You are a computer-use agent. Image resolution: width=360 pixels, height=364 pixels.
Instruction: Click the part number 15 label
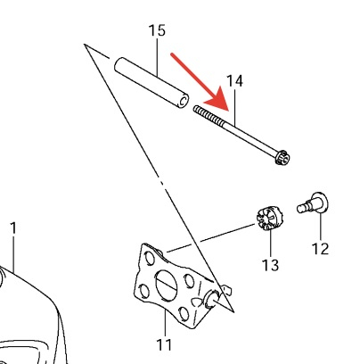[x=157, y=30]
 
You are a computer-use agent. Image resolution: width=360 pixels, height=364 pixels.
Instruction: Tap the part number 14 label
[x=234, y=81]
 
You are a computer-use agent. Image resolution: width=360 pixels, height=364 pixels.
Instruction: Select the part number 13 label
[x=270, y=265]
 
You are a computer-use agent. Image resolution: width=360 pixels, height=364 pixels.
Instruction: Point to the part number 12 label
[x=320, y=248]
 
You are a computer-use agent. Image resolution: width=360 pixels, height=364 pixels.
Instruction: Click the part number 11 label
[x=164, y=344]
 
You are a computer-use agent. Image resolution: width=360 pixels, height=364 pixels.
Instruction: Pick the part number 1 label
[x=13, y=228]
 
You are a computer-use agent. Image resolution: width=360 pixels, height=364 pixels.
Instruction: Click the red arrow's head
[x=218, y=100]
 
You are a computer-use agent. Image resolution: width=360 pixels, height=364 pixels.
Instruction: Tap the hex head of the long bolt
[x=282, y=157]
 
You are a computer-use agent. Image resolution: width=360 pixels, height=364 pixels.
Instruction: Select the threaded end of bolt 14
[x=209, y=115]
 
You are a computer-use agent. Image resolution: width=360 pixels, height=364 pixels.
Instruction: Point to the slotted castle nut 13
[x=269, y=219]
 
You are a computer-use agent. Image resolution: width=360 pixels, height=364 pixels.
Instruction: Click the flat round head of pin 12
[x=320, y=203]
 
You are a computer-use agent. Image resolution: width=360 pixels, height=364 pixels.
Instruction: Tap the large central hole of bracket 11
[x=166, y=284]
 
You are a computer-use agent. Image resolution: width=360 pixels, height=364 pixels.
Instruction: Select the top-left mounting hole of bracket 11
[x=150, y=258]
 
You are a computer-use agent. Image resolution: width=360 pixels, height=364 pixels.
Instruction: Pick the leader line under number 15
[x=157, y=57]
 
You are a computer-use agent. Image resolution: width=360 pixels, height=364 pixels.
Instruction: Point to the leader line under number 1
[x=13, y=253]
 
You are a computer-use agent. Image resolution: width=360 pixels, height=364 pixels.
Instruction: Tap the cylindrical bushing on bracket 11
[x=211, y=299]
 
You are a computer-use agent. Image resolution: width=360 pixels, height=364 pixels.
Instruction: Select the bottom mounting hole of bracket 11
[x=184, y=314]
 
